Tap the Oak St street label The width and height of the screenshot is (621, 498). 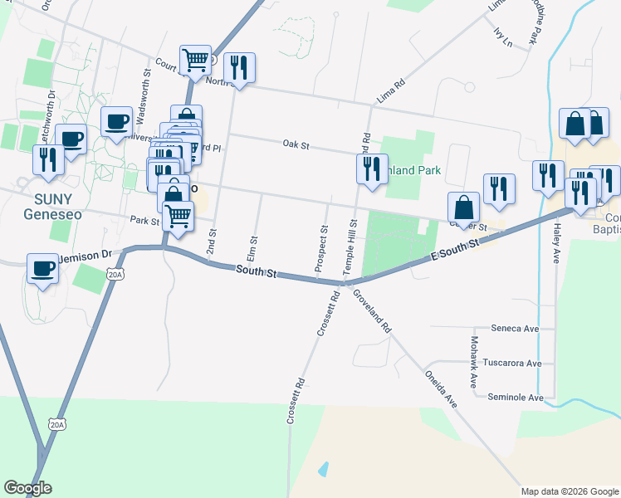coord(296,145)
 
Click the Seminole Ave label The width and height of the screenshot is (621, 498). coord(515,398)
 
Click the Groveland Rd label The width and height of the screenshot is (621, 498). coord(370,311)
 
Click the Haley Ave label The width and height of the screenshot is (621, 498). coord(558,243)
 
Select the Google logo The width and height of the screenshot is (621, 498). coord(27,488)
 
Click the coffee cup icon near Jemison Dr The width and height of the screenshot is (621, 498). coord(43,268)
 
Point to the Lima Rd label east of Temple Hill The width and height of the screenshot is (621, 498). coord(389,91)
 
